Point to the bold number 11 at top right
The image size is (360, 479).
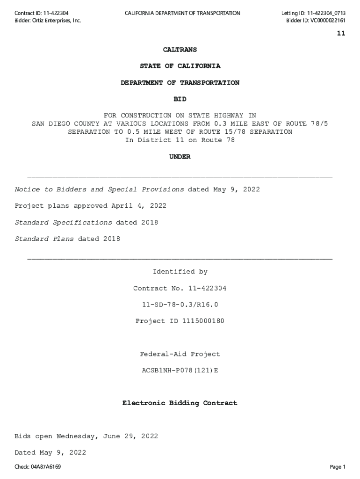[341, 33]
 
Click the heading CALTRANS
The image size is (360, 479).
[180, 50]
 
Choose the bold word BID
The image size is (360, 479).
[180, 99]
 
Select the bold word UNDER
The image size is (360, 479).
[180, 157]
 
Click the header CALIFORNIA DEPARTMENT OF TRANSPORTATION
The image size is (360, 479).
[182, 13]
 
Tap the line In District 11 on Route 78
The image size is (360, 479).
[180, 140]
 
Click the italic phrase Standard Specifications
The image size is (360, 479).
[64, 223]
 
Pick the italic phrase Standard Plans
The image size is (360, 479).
[44, 239]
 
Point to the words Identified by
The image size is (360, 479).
[180, 272]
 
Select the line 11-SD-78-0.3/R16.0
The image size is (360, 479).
[180, 305]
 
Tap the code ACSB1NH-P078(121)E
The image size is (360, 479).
[180, 370]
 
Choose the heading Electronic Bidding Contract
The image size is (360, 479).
[180, 403]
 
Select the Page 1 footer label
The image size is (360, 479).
[337, 467]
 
